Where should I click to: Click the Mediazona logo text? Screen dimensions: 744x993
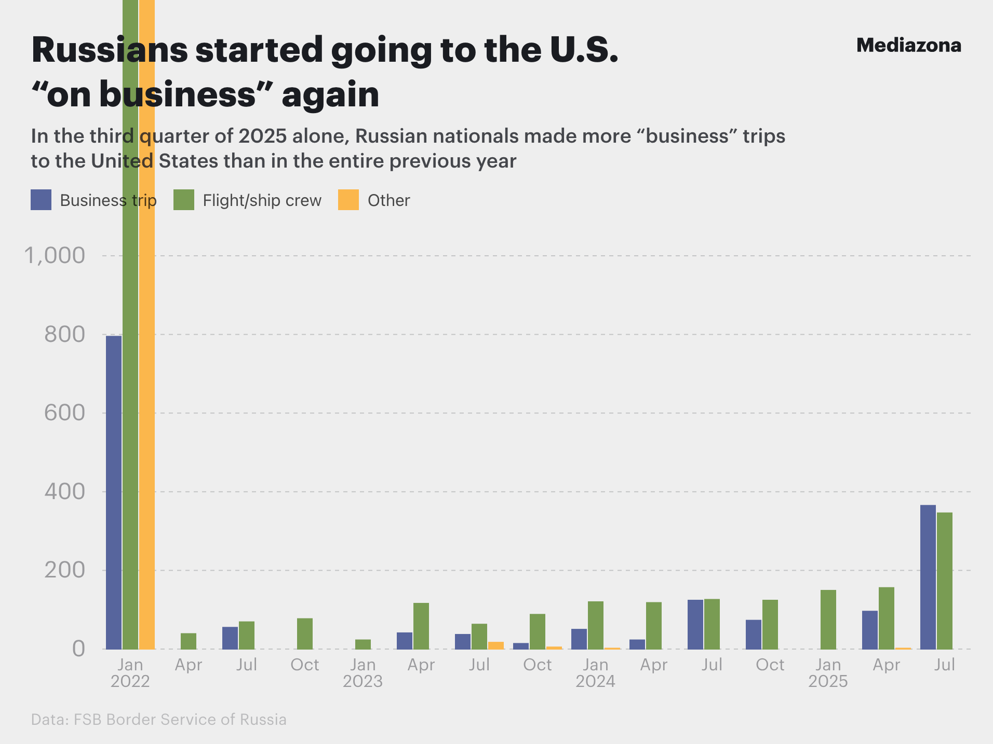pos(908,46)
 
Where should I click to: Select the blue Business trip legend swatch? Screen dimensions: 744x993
pos(41,200)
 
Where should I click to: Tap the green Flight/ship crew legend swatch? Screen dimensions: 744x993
pos(184,200)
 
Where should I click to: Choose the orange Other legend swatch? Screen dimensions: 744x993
pos(348,200)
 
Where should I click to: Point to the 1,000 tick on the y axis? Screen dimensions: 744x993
pos(55,255)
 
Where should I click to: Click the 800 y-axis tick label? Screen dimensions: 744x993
pos(64,335)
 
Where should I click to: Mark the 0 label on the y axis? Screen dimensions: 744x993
pos(78,649)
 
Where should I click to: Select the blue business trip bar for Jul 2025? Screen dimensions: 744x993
pos(928,576)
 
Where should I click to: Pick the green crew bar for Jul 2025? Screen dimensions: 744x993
pos(945,581)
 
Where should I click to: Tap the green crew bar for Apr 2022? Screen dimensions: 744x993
pos(189,641)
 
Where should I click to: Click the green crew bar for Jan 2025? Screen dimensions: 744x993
pos(828,619)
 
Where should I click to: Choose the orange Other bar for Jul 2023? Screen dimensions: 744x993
pos(496,645)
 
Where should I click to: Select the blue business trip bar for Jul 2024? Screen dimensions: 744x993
pos(695,624)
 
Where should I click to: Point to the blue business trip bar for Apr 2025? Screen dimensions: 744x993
pos(870,630)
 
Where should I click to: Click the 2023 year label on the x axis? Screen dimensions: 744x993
pos(363,681)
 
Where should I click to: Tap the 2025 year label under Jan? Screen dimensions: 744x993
pos(828,681)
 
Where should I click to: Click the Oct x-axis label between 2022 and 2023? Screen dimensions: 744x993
pos(305,665)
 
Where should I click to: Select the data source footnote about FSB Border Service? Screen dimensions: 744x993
pos(159,720)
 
